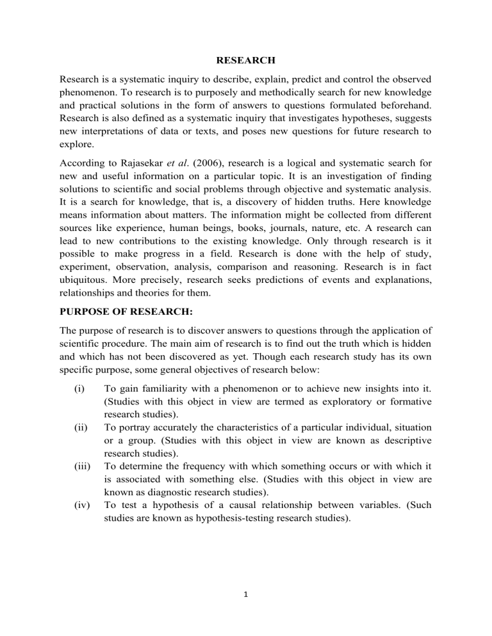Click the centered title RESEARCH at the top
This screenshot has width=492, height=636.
click(x=245, y=61)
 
